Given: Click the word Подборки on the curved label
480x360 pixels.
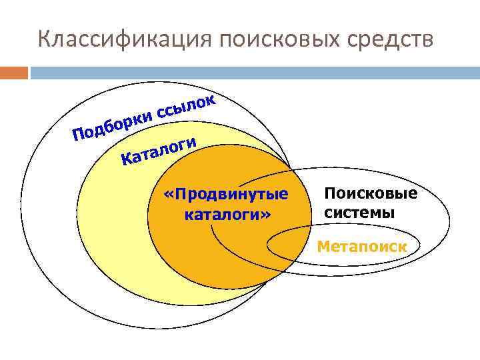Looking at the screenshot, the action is tap(111, 125).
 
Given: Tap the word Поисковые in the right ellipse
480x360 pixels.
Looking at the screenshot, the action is tap(371, 194).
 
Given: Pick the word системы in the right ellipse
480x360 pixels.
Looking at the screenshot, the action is tap(360, 213).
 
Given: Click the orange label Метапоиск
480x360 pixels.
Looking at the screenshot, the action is tap(362, 246).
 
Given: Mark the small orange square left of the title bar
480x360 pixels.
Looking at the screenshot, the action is tap(14, 72).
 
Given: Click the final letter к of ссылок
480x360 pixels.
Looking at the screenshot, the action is tap(209, 101).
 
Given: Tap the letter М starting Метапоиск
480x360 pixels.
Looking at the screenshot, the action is tap(323, 246).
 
